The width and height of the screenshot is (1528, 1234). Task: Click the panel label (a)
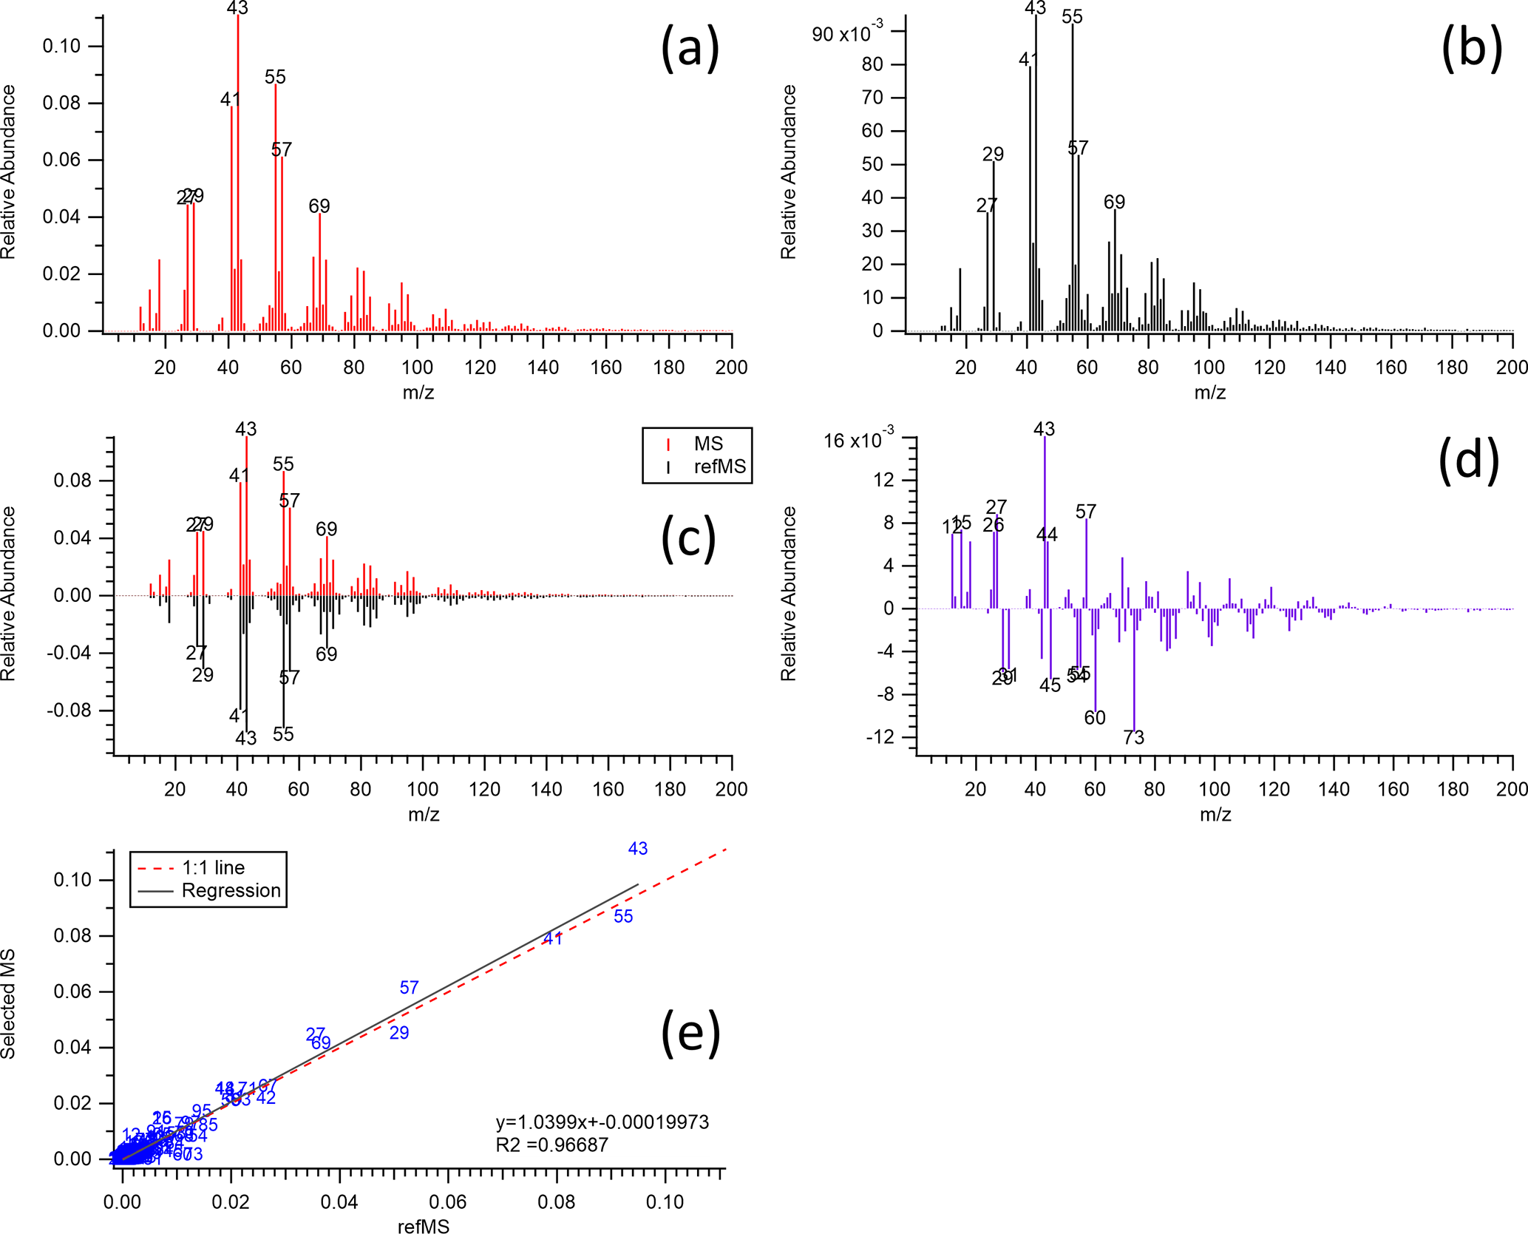click(x=690, y=48)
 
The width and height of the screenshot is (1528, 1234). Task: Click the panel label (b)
click(x=1472, y=48)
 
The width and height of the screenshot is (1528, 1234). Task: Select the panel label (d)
click(x=1468, y=460)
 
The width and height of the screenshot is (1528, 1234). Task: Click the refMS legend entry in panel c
click(x=719, y=467)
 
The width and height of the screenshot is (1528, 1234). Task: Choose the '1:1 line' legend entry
click(x=213, y=867)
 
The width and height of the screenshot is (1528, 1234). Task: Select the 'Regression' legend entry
click(x=231, y=890)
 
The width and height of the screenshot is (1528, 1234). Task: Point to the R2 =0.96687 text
click(x=551, y=1145)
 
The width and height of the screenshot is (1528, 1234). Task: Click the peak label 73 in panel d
click(x=1133, y=737)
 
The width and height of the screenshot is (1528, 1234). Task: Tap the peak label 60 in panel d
click(x=1095, y=718)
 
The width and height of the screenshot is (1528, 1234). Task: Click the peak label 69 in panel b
click(x=1114, y=202)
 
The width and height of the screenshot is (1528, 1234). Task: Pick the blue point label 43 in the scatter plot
click(x=638, y=849)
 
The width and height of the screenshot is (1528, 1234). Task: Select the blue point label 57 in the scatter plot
click(x=410, y=987)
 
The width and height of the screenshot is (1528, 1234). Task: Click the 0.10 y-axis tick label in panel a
click(x=61, y=46)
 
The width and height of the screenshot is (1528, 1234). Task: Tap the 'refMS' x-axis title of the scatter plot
click(x=423, y=1227)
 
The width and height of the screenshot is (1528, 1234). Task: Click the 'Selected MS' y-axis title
click(x=9, y=1003)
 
